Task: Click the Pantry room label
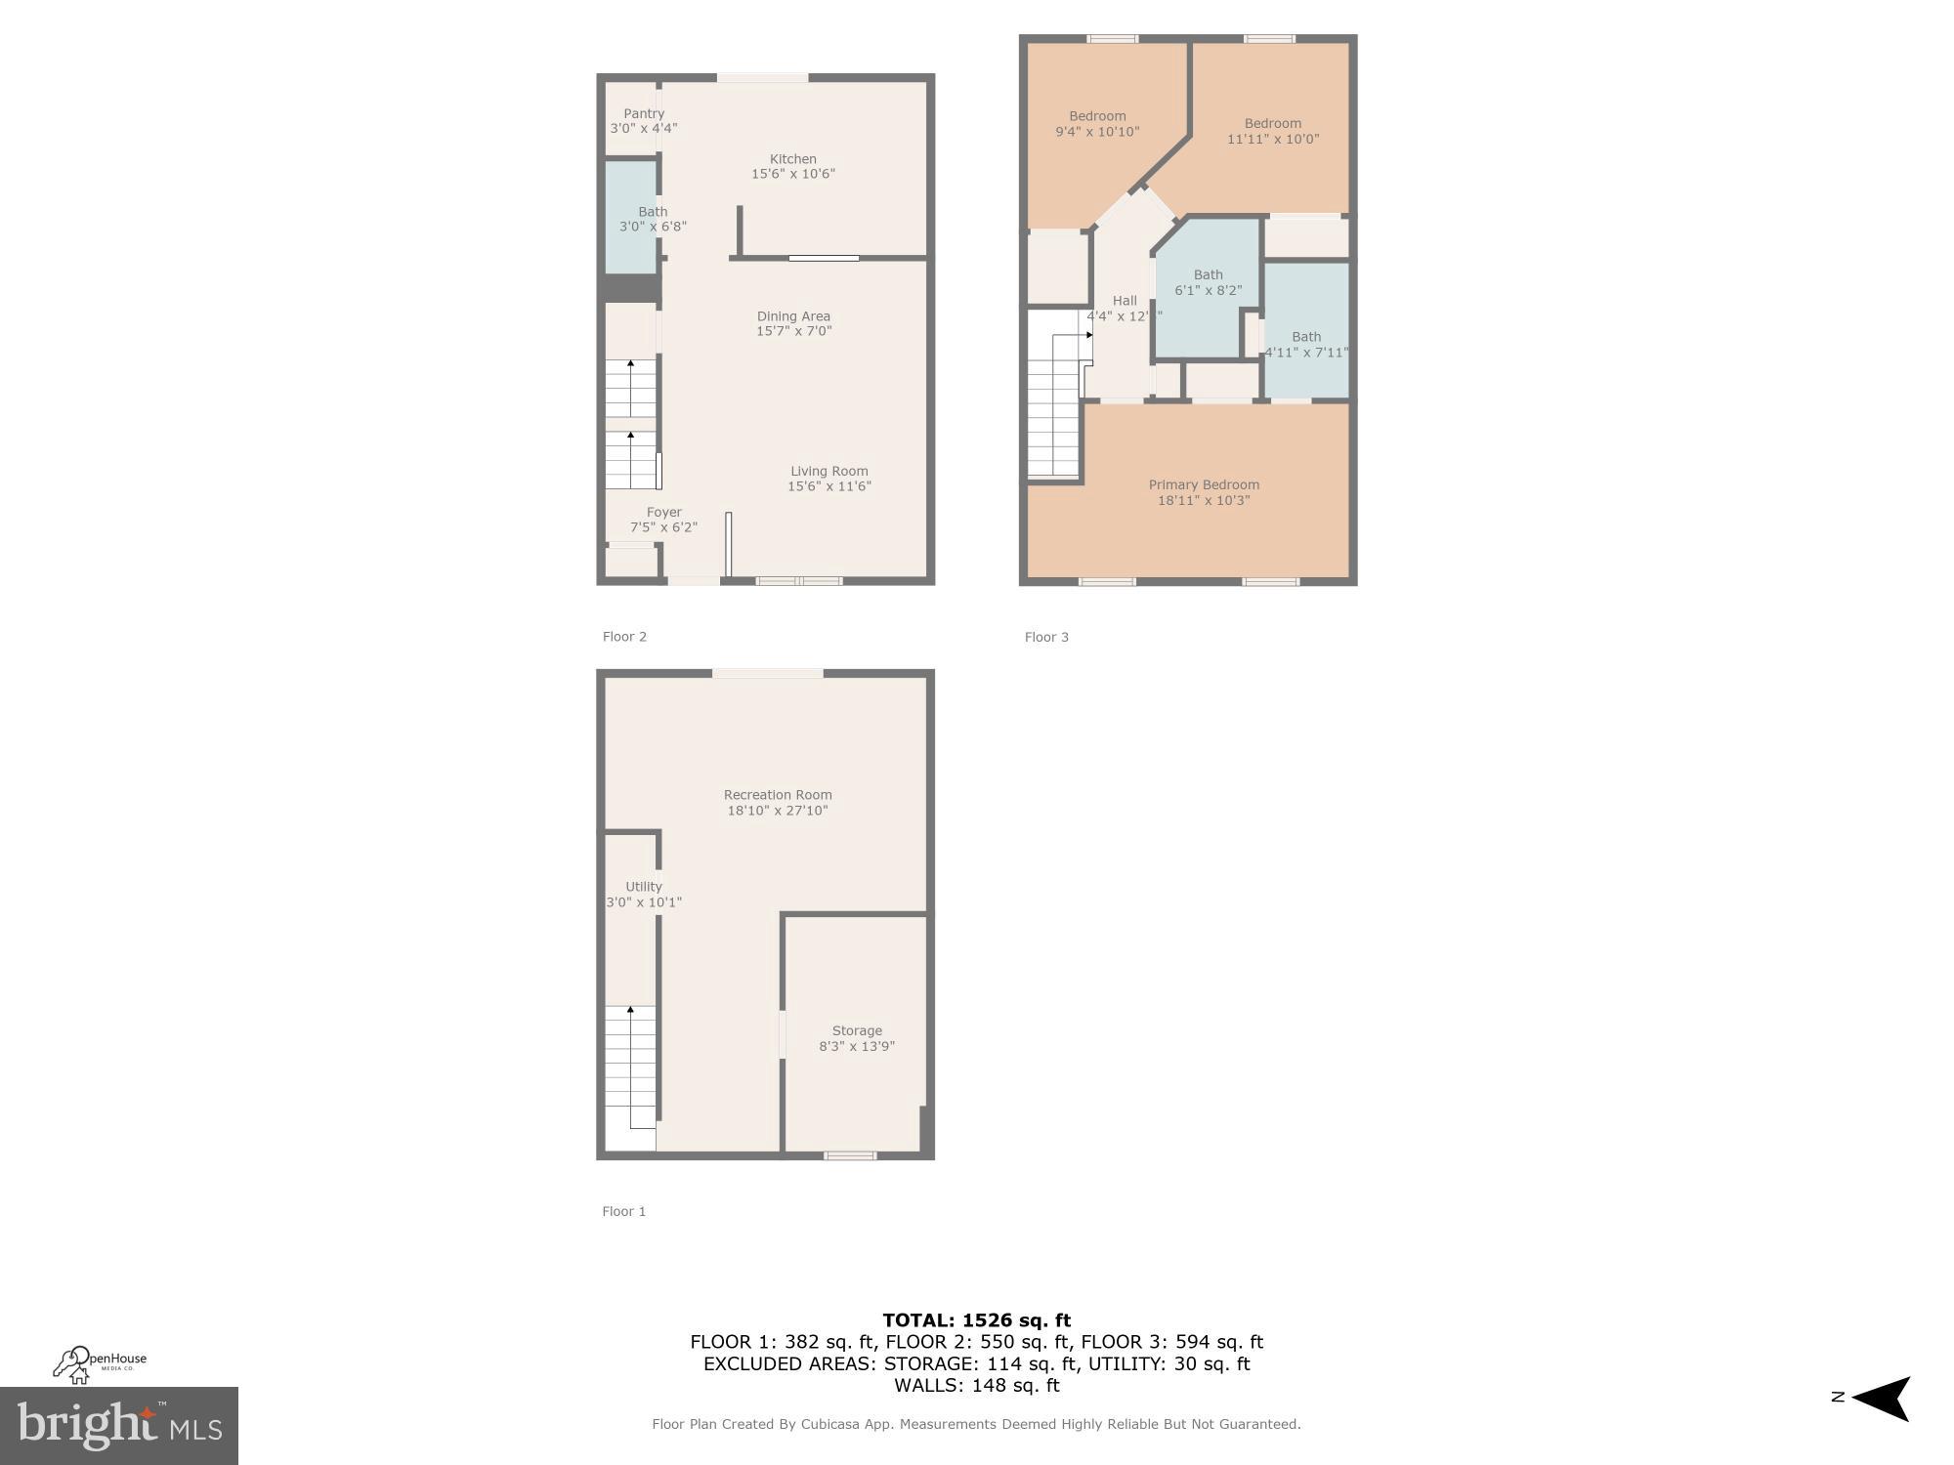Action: click(644, 114)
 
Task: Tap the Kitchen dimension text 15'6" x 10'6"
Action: click(792, 174)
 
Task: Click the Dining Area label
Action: click(793, 316)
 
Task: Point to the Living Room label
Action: click(828, 472)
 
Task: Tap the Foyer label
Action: click(663, 513)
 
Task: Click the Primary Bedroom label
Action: click(1204, 485)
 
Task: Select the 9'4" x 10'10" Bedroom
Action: click(1097, 124)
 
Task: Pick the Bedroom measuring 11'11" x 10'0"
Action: click(1272, 131)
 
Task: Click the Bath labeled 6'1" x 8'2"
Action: click(1208, 282)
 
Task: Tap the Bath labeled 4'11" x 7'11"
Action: click(1306, 344)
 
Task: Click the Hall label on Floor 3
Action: click(1125, 301)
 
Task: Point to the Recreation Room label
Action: click(778, 795)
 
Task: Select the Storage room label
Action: click(857, 1031)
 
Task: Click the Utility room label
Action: click(644, 887)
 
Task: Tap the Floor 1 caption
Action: click(623, 1211)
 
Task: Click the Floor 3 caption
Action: click(1046, 637)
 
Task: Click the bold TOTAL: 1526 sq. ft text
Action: click(976, 1320)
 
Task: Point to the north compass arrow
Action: click(1881, 1399)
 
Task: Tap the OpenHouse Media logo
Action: click(99, 1363)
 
